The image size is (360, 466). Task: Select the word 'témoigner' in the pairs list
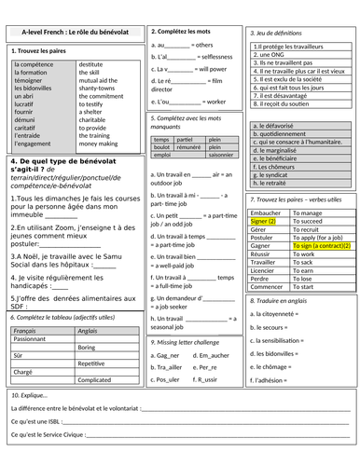[x=33, y=81]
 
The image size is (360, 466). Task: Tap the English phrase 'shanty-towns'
[x=99, y=89]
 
